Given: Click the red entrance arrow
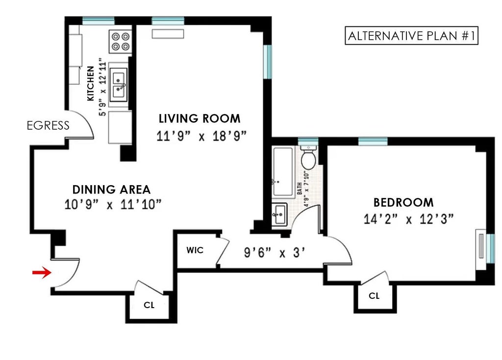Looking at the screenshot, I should pyautogui.click(x=42, y=273).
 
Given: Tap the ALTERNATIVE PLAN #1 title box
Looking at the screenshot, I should pyautogui.click(x=411, y=36).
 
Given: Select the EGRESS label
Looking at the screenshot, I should pyautogui.click(x=48, y=126).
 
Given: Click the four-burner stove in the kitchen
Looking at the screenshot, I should pyautogui.click(x=121, y=41).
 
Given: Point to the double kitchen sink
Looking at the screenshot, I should pyautogui.click(x=119, y=85).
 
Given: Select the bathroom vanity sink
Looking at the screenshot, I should pyautogui.click(x=280, y=215).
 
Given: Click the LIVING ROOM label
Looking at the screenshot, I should pyautogui.click(x=200, y=119).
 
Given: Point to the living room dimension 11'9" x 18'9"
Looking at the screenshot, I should pyautogui.click(x=201, y=135).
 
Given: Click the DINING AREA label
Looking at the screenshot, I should pyautogui.click(x=111, y=190).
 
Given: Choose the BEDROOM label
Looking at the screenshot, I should pyautogui.click(x=403, y=202).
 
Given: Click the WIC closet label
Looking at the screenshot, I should pyautogui.click(x=195, y=250).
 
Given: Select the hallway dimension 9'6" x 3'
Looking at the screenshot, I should pyautogui.click(x=275, y=253).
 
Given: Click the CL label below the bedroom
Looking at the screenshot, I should pyautogui.click(x=374, y=296).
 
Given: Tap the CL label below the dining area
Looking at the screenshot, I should pyautogui.click(x=149, y=305).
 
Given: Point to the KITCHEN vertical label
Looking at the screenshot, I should pyautogui.click(x=91, y=83).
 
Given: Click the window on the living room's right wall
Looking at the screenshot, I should pyautogui.click(x=267, y=61).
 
